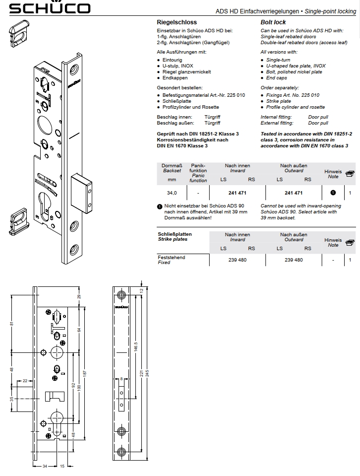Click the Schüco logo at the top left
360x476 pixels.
50,7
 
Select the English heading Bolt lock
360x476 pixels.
273,22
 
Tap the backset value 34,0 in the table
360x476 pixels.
172,193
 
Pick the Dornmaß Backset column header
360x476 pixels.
172,168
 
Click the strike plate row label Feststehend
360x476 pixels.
172,258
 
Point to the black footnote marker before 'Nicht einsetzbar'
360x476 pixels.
160,207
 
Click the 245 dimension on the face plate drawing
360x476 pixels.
147,373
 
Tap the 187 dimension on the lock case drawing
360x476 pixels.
85,373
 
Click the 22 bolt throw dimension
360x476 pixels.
25,381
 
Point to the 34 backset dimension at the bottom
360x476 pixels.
45,466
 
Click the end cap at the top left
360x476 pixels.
15,33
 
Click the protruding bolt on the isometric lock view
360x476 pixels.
81,193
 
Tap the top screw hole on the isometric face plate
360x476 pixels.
74,70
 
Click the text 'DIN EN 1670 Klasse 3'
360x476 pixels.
182,146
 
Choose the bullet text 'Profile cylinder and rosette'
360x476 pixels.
296,107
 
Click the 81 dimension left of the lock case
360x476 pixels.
12,324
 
